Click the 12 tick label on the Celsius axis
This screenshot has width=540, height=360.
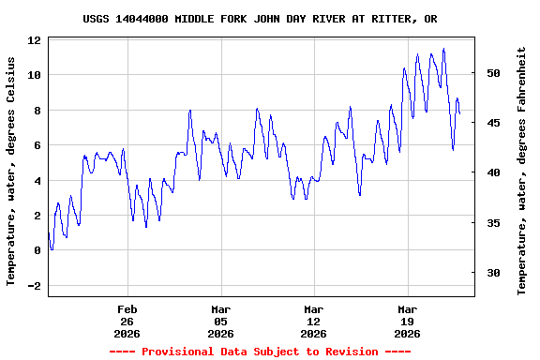pyautogui.click(x=34, y=41)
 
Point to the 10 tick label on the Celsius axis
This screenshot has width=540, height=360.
pyautogui.click(x=34, y=75)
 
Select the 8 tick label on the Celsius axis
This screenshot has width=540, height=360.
pyautogui.click(x=37, y=111)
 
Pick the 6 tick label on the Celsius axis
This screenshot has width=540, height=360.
pyautogui.click(x=37, y=145)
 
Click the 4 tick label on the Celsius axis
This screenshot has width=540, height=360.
pyautogui.click(x=37, y=181)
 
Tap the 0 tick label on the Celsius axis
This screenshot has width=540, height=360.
pyautogui.click(x=37, y=250)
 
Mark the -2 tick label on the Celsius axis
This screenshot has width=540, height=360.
pyautogui.click(x=34, y=286)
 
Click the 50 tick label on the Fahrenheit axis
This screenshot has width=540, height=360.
pyautogui.click(x=493, y=73)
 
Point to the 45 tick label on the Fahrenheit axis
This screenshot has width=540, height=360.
pyautogui.click(x=493, y=123)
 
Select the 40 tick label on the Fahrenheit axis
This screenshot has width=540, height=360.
pyautogui.click(x=493, y=172)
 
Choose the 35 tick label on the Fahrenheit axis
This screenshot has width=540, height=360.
pyautogui.click(x=493, y=223)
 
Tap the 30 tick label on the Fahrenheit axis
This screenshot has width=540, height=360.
pyautogui.click(x=493, y=273)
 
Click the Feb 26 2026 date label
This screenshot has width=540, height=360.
pyautogui.click(x=127, y=321)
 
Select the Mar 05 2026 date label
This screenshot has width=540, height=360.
pyautogui.click(x=220, y=321)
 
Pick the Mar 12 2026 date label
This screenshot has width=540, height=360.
pyautogui.click(x=314, y=321)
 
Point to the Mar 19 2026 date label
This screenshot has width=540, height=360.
pyautogui.click(x=407, y=321)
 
